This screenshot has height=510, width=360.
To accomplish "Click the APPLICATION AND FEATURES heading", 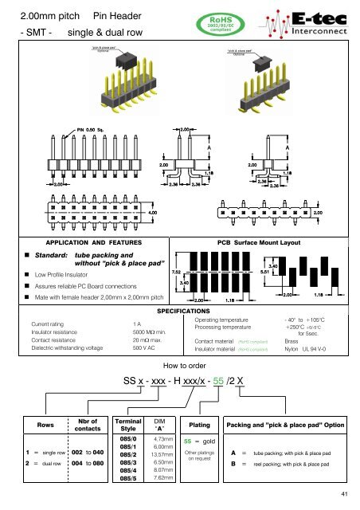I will [94, 241].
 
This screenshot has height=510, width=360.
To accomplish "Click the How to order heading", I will [180, 366].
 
